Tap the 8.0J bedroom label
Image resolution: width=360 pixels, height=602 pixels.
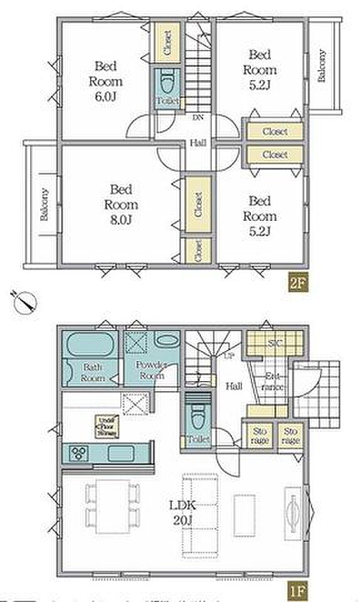[120, 204]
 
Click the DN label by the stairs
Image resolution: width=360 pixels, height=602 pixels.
[198, 118]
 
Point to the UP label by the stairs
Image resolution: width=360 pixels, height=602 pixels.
[229, 357]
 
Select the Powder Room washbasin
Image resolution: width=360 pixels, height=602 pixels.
[166, 342]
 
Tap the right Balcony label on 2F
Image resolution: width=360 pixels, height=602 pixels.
[321, 66]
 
